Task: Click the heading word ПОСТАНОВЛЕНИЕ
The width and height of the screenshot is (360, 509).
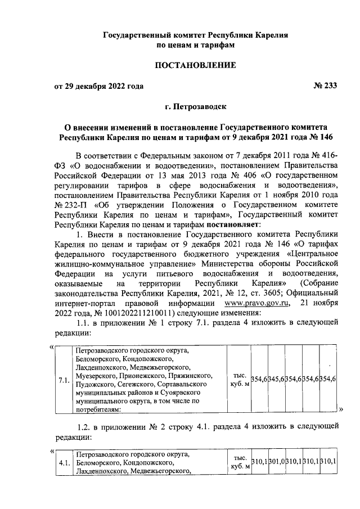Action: click(x=195, y=66)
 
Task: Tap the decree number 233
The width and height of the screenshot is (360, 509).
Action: click(x=328, y=86)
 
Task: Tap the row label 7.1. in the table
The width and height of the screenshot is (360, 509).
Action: click(x=64, y=380)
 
